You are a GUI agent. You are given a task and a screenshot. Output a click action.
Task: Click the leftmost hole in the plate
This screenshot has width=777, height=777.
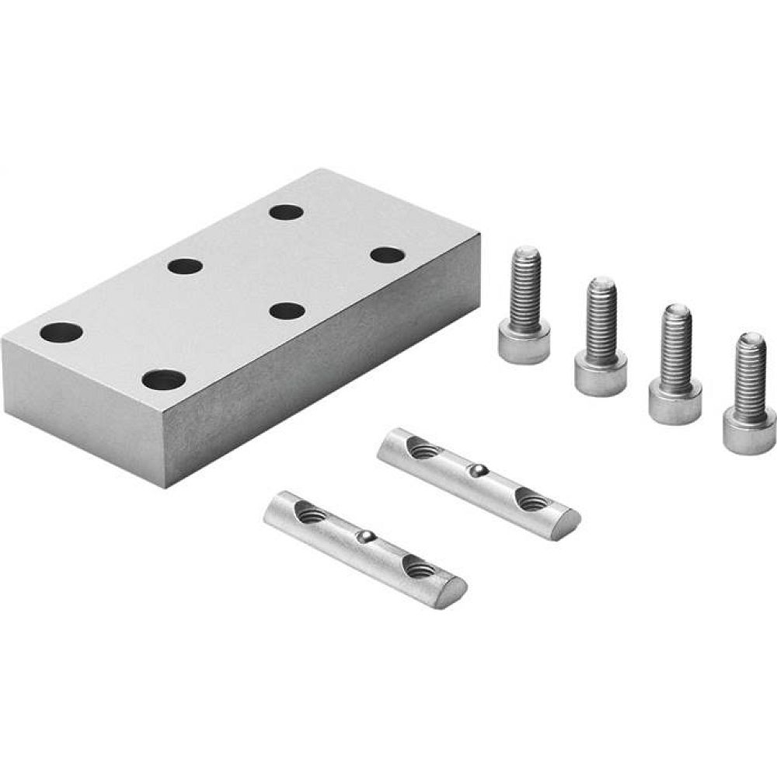pyautogui.click(x=61, y=333)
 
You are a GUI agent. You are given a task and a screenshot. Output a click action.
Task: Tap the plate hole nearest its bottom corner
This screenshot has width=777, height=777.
pyautogui.click(x=164, y=380)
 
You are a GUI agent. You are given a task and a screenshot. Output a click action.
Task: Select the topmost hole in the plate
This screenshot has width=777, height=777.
pyautogui.click(x=287, y=211)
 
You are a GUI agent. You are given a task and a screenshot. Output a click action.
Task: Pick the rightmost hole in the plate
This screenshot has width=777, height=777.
pyautogui.click(x=387, y=255)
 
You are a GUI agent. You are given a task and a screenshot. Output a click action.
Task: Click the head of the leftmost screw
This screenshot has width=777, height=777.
pyautogui.click(x=524, y=343)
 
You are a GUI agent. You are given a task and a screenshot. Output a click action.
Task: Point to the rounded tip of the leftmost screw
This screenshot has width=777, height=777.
pyautogui.click(x=526, y=253)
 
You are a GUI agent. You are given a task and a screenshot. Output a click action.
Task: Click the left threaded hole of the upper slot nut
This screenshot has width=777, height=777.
pyautogui.click(x=420, y=447)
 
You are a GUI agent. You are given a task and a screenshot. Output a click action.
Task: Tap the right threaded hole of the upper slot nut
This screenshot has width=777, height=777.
pyautogui.click(x=531, y=501)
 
